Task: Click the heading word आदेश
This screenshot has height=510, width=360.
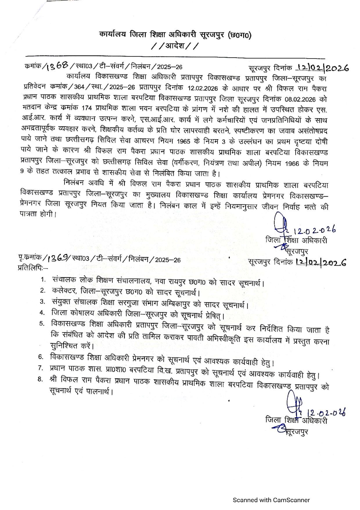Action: [x=175, y=46]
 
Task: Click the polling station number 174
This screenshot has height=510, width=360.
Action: [x=87, y=108]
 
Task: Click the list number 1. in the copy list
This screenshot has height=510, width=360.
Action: [x=43, y=280]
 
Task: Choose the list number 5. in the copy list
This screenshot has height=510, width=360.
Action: [x=42, y=323]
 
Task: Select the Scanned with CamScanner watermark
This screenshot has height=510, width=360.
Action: [x=271, y=500]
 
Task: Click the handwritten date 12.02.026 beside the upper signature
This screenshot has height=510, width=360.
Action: [x=314, y=230]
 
